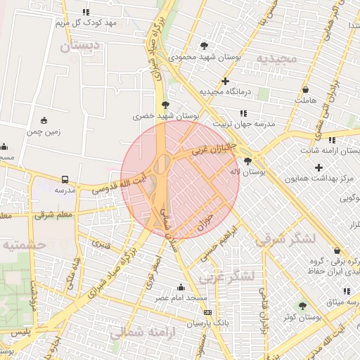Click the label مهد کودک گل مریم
click(x=86, y=22)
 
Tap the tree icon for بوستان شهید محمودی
click(x=205, y=45)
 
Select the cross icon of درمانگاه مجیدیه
click(x=224, y=81)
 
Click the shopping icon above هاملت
click(x=305, y=89)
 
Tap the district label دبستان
click(x=81, y=47)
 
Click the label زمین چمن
click(x=44, y=131)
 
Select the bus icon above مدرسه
click(x=65, y=180)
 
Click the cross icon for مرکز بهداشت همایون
click(x=319, y=167)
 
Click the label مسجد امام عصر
click(x=181, y=298)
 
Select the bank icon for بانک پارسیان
click(x=206, y=311)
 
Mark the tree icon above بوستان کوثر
click(x=302, y=306)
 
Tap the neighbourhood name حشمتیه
click(x=24, y=245)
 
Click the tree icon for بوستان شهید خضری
click(x=166, y=103)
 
